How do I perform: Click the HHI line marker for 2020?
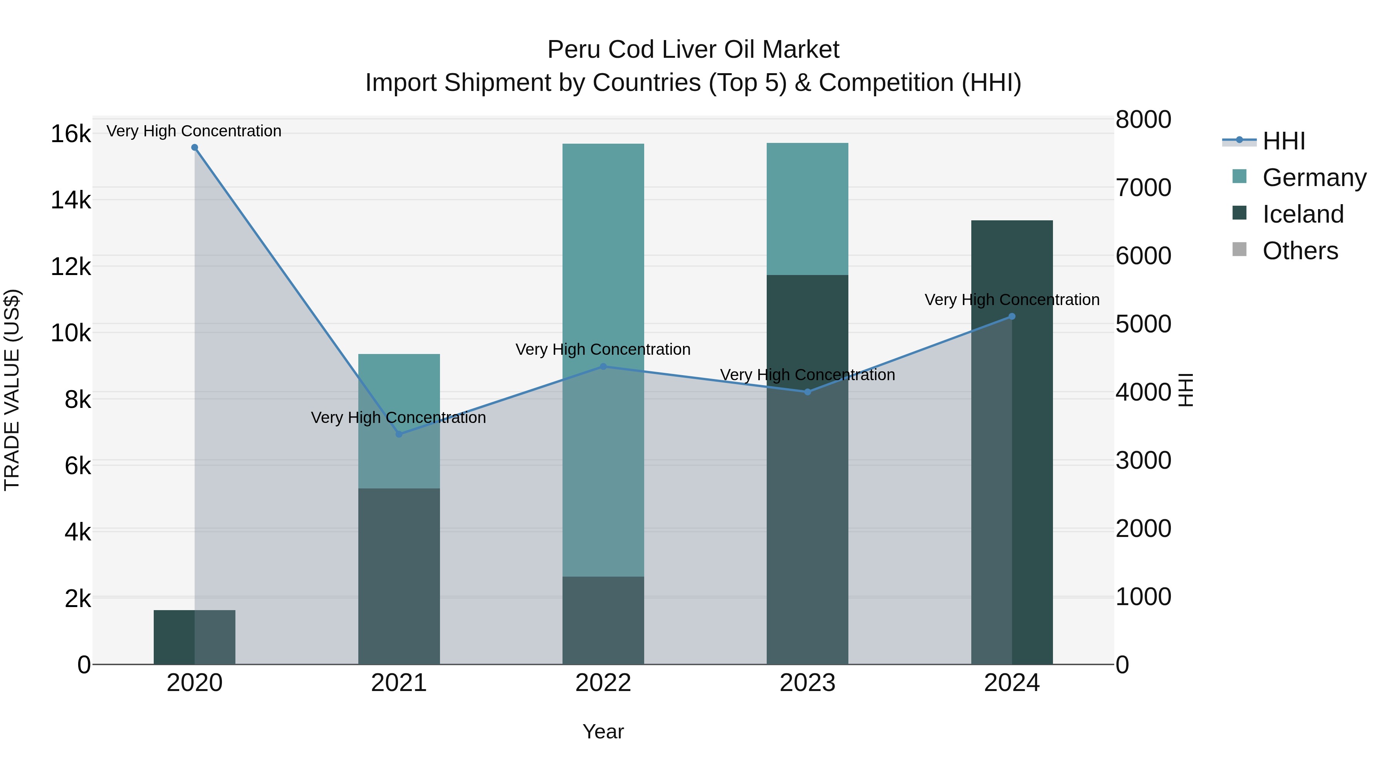195,148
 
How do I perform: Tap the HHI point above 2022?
603,367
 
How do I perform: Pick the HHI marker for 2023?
807,392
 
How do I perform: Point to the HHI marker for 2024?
1012,317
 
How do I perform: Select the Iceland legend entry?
1303,214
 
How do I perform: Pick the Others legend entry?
1300,251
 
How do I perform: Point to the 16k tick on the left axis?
71,134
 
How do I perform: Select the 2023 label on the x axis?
807,683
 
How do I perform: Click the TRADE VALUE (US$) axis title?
12,390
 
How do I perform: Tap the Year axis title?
603,731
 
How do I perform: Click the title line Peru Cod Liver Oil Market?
693,50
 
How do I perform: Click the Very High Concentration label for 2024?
1012,300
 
